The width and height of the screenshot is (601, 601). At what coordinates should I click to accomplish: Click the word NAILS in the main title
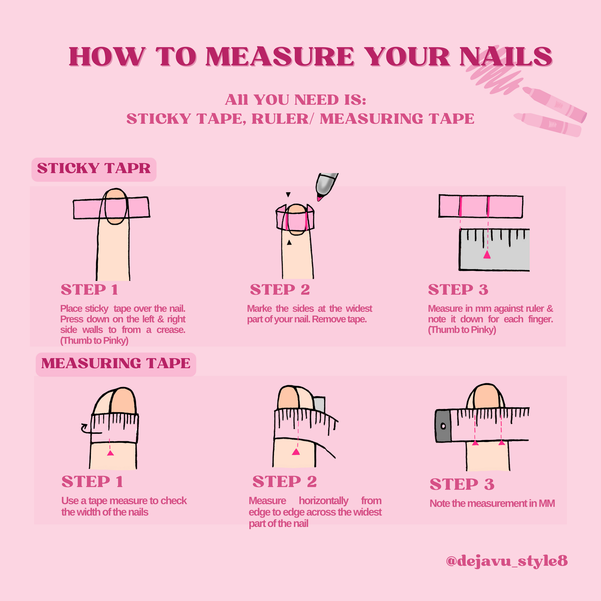tap(506, 57)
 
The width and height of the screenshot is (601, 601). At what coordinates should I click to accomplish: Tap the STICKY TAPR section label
tap(94, 168)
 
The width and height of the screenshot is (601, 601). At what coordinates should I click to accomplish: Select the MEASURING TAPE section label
tap(116, 363)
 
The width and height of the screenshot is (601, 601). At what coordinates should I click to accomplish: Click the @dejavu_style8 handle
tap(507, 561)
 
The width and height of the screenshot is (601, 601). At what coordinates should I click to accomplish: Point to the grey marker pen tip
tap(326, 186)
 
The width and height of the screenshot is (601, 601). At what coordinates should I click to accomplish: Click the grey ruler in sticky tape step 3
tap(494, 250)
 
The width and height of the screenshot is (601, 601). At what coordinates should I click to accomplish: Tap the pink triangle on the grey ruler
tap(487, 255)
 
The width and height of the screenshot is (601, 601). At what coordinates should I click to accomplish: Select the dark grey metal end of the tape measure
tap(443, 426)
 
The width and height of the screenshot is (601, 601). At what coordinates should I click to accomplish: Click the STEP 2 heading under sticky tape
tap(280, 290)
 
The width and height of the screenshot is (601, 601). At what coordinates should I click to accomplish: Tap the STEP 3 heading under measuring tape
tap(462, 484)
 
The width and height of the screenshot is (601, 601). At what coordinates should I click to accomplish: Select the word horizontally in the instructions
tap(324, 501)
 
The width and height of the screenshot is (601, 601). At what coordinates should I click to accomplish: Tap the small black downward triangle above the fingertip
tap(288, 195)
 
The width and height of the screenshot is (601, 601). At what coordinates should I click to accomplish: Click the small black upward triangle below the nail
tap(289, 242)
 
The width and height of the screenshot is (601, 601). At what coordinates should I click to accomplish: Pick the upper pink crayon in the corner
tap(555, 104)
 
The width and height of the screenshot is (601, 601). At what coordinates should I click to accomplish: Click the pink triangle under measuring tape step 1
tap(111, 453)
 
